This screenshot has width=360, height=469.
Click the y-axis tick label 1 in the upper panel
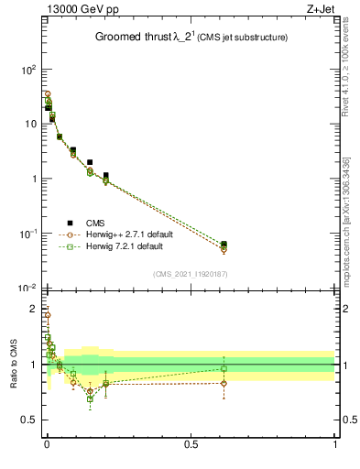click(x=31, y=179)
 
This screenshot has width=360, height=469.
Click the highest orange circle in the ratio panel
click(x=47, y=315)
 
